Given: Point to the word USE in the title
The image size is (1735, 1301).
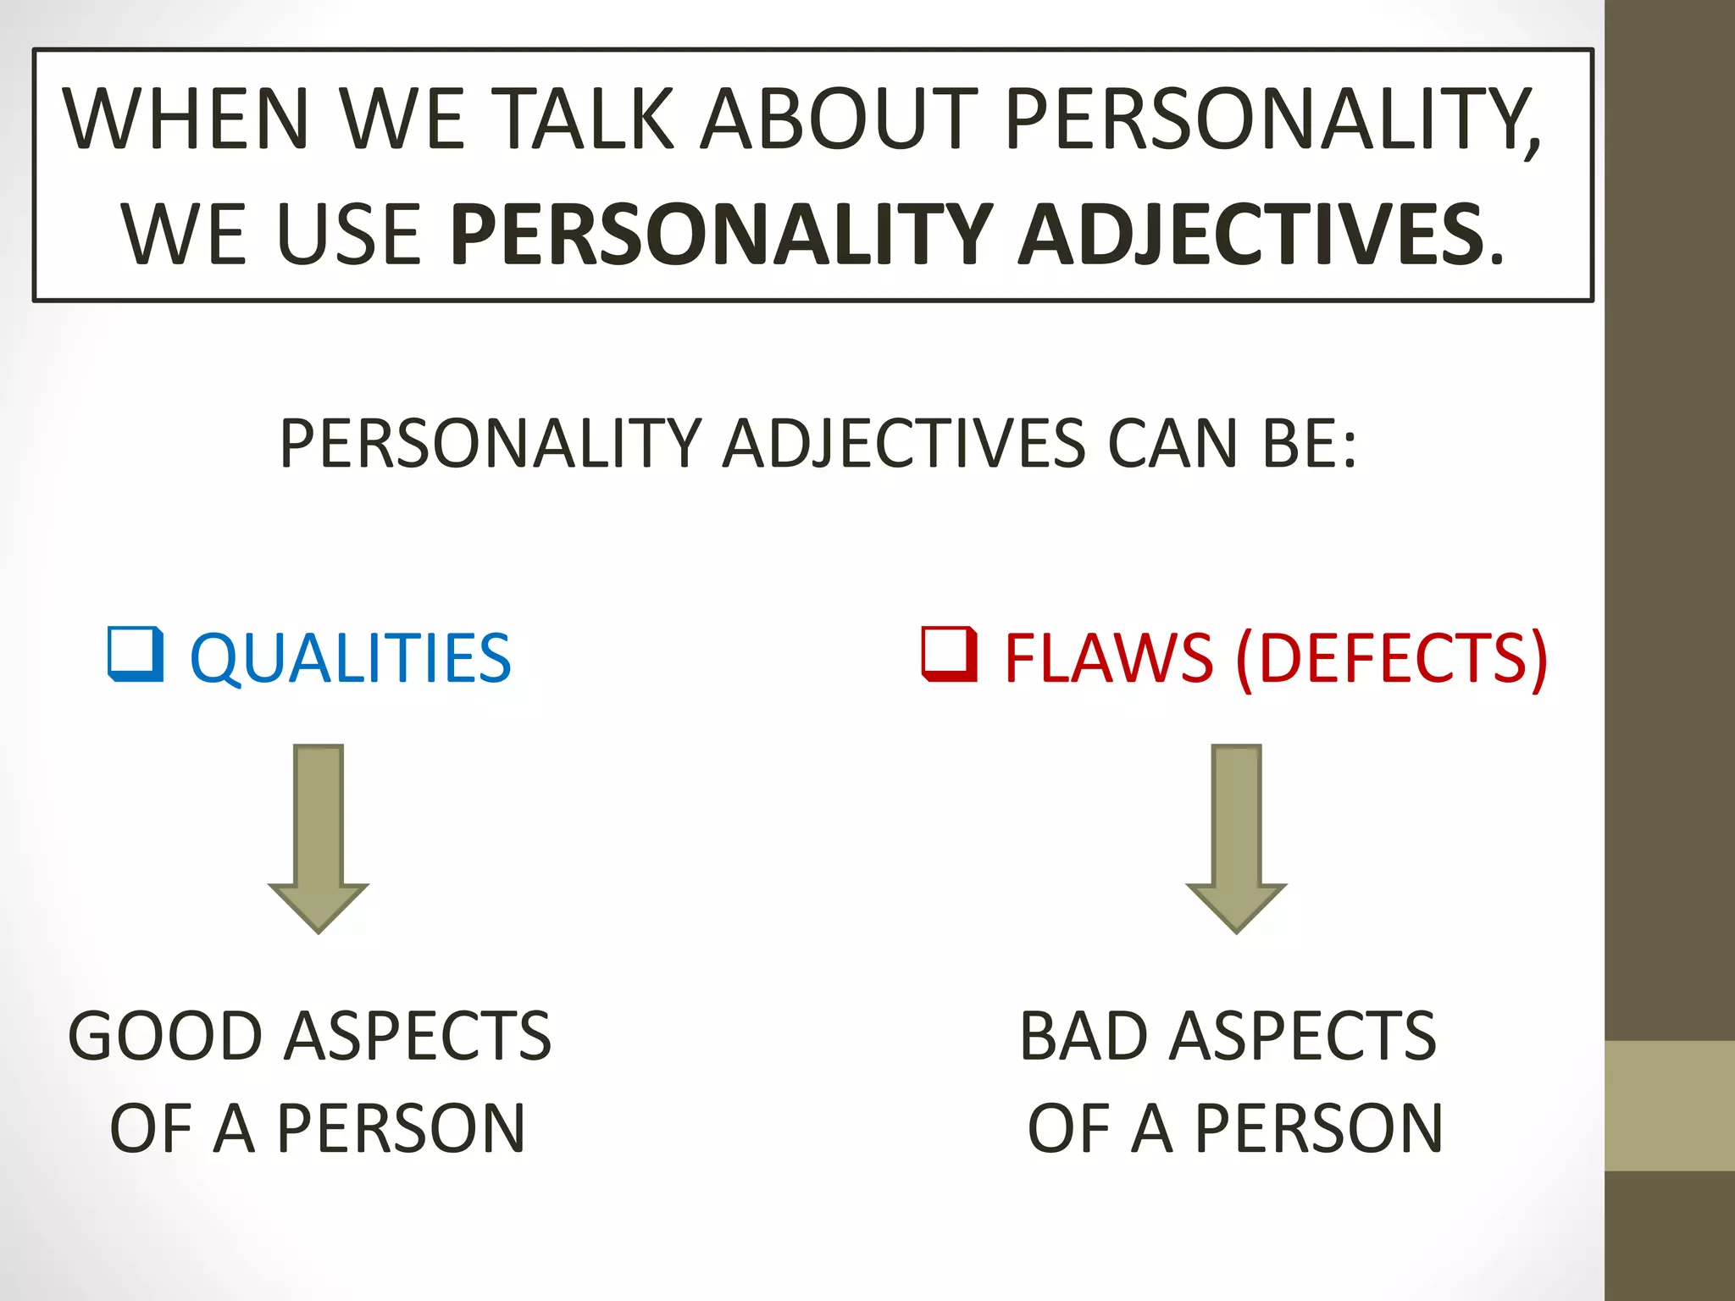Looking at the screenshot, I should coord(348,235).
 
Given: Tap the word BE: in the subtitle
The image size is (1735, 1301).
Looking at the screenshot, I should coord(1310,443).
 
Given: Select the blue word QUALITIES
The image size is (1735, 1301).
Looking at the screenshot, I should coord(351,658).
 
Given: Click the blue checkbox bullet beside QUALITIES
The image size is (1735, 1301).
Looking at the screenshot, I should coord(136,654).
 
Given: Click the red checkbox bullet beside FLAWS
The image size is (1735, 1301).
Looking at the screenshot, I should coord(949,654).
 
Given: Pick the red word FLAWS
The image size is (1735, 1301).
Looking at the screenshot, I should coord(1108,658).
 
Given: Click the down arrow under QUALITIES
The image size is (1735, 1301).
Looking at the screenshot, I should coord(319,839).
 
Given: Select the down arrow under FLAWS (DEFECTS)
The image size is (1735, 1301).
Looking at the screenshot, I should coord(1236,839).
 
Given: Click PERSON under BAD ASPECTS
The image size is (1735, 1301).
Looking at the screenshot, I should coord(1318,1128).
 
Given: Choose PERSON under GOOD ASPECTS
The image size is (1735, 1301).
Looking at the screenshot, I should coord(401,1128).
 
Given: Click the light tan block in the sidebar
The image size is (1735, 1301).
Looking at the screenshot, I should coord(1669,1105).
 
